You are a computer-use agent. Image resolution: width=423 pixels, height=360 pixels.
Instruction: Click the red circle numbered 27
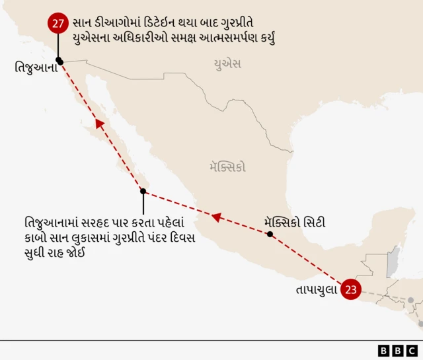click(58, 24)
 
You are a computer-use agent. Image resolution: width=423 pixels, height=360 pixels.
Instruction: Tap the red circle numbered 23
click(351, 289)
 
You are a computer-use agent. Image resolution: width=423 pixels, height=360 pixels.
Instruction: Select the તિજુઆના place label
click(33, 67)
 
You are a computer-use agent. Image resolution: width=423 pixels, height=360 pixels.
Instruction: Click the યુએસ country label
click(227, 64)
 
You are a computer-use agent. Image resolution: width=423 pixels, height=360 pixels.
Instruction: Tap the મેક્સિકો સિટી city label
click(294, 222)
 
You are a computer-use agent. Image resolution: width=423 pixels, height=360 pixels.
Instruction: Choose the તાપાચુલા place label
click(317, 290)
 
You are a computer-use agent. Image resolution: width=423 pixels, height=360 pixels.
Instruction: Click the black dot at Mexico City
click(270, 234)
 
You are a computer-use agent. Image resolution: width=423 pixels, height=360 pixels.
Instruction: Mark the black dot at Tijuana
click(59, 61)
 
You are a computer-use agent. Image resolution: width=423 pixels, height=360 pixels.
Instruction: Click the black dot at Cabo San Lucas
click(143, 191)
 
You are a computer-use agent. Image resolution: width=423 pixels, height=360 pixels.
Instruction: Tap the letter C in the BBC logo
click(412, 350)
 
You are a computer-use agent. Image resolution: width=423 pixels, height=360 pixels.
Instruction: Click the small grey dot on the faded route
click(410, 301)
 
